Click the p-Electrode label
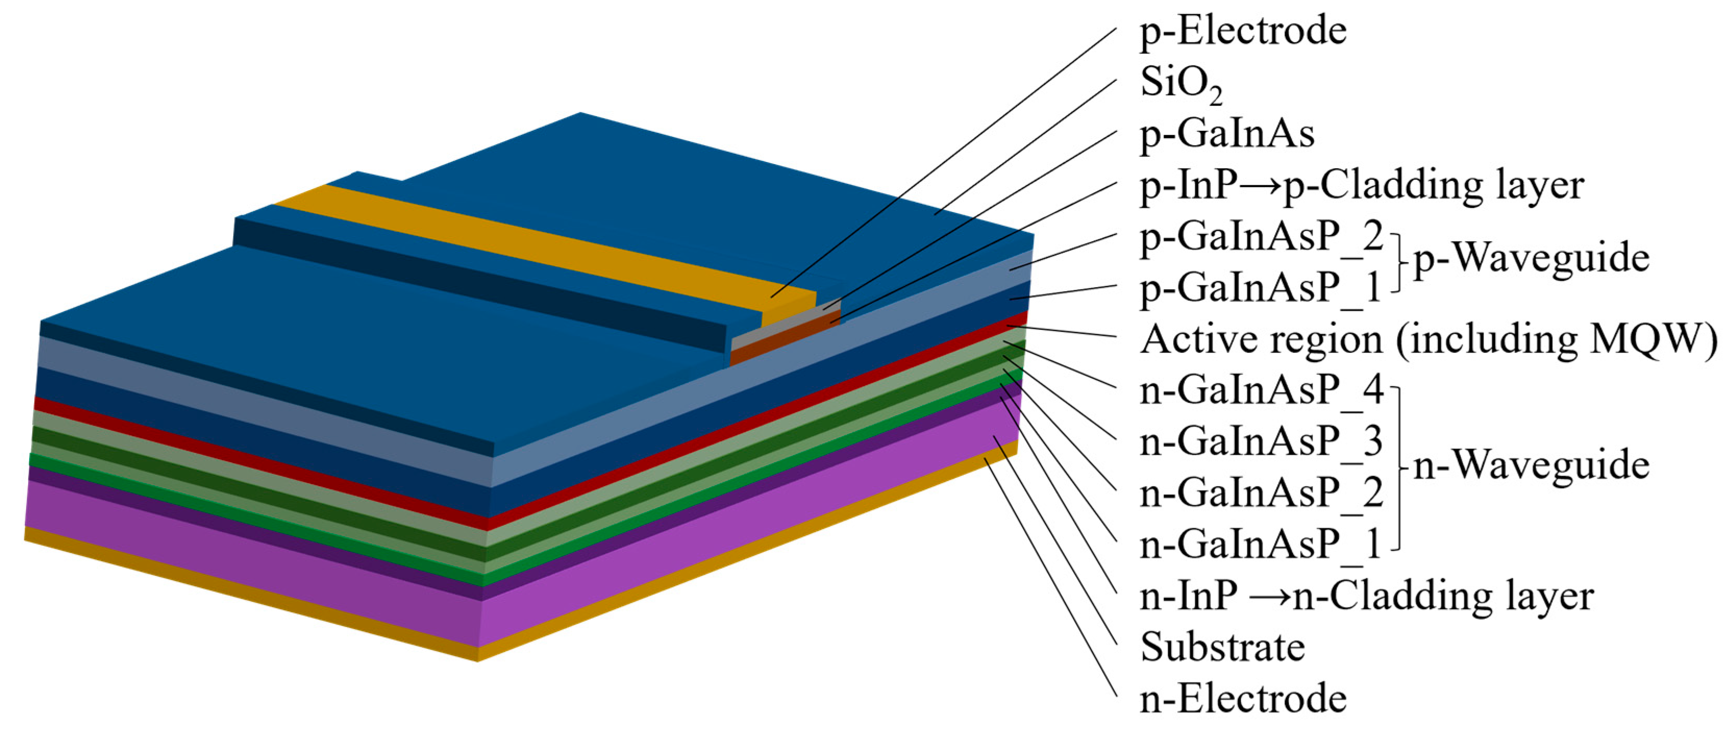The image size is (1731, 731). (1243, 32)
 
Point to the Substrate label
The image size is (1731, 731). (1222, 648)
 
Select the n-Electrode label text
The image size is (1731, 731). (1243, 699)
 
